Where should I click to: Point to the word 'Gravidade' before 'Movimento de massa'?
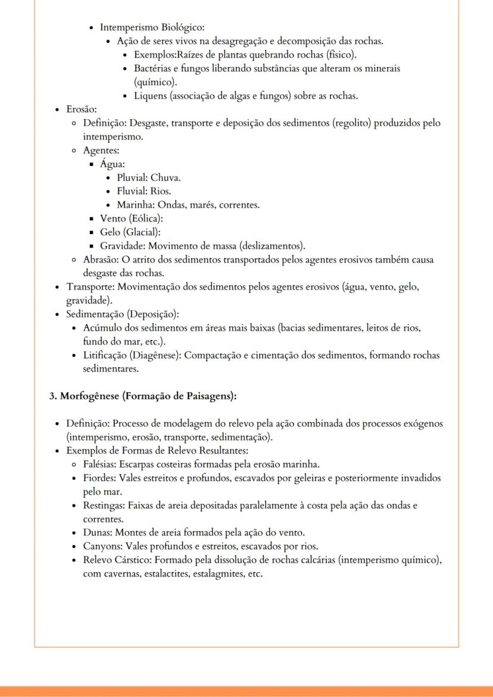pos(121,246)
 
